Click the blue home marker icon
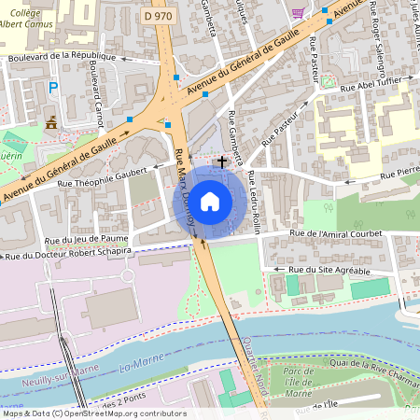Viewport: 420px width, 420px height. pyautogui.click(x=210, y=201)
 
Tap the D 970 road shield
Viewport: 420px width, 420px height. pyautogui.click(x=160, y=16)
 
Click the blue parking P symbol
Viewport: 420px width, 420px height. pyautogui.click(x=53, y=88)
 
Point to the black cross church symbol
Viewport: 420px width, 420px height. pyautogui.click(x=221, y=161)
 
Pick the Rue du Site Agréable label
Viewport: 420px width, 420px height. pyautogui.click(x=329, y=270)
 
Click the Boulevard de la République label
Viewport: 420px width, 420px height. pyautogui.click(x=61, y=56)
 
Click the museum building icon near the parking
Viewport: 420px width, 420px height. pyautogui.click(x=50, y=121)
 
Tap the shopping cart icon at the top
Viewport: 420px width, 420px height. pyautogui.click(x=298, y=12)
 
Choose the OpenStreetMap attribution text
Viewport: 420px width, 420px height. pyautogui.click(x=93, y=413)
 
